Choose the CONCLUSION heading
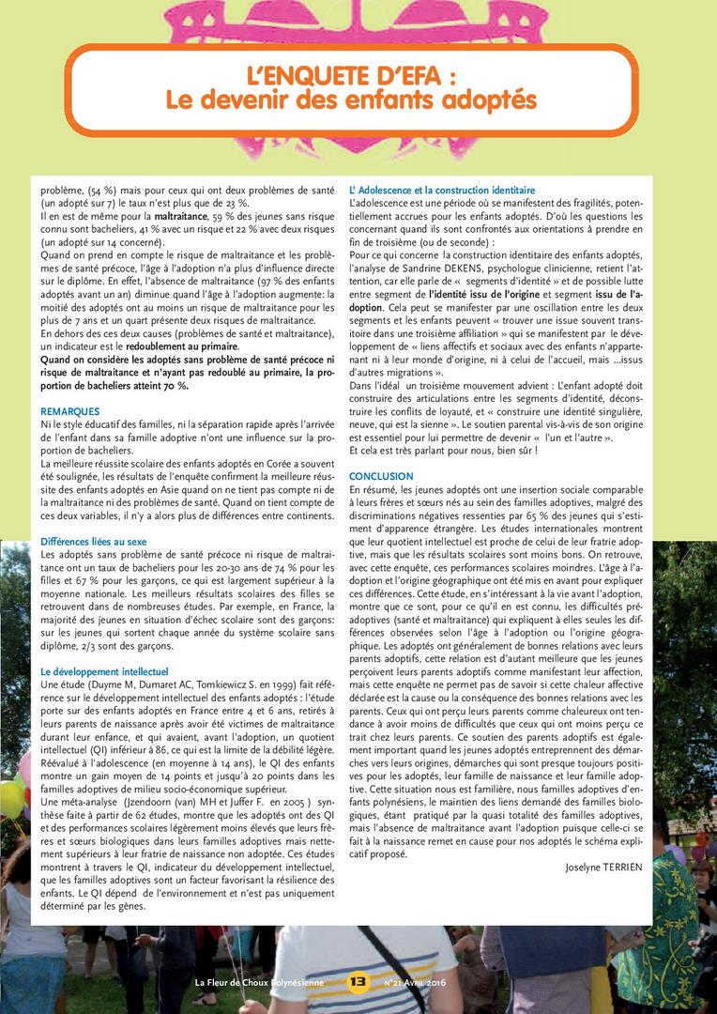point(381,477)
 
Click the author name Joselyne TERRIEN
point(603,867)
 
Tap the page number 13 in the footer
point(358,982)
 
